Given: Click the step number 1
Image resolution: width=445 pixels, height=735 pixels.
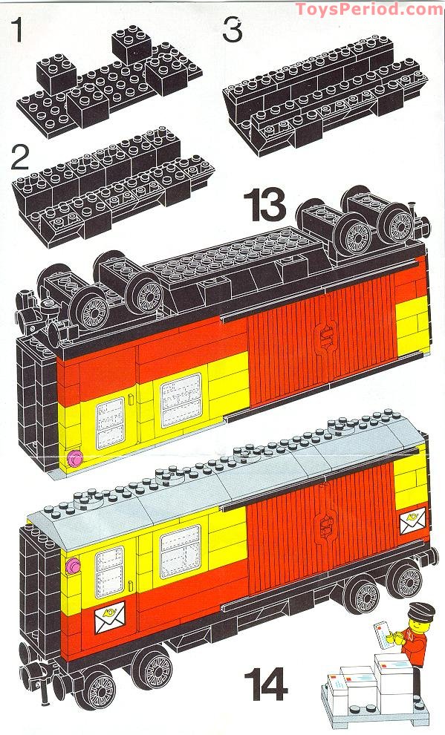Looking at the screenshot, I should pos(16,34).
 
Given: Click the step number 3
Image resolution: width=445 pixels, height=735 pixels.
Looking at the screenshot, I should pos(233,32).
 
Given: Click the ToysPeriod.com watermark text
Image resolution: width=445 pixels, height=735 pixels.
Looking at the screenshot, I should pos(369,9).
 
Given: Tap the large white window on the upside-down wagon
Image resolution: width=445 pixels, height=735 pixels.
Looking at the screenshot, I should pos(181,399).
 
